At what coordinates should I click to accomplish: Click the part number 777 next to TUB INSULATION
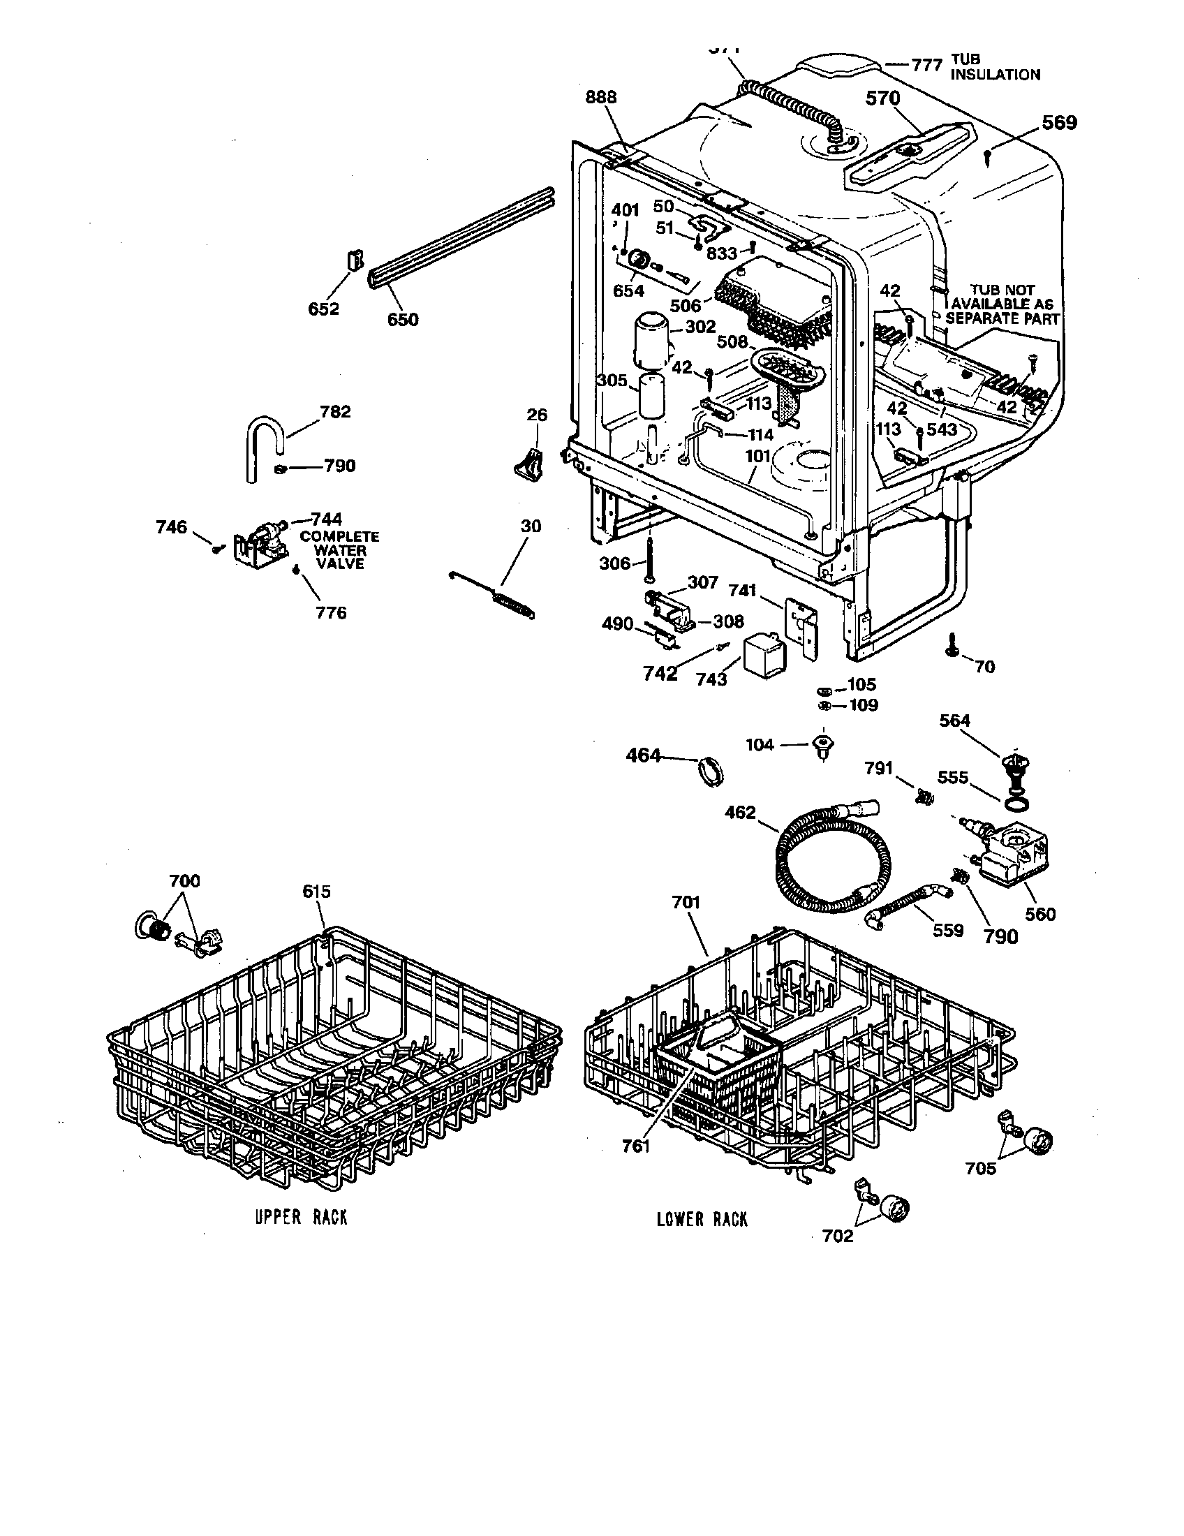(926, 66)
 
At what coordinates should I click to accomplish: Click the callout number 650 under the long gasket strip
(403, 320)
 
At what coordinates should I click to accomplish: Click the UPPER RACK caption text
(301, 1217)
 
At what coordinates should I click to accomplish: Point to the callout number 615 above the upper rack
(316, 891)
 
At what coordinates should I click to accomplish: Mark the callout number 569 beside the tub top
(1059, 123)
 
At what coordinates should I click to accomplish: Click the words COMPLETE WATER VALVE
(339, 550)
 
